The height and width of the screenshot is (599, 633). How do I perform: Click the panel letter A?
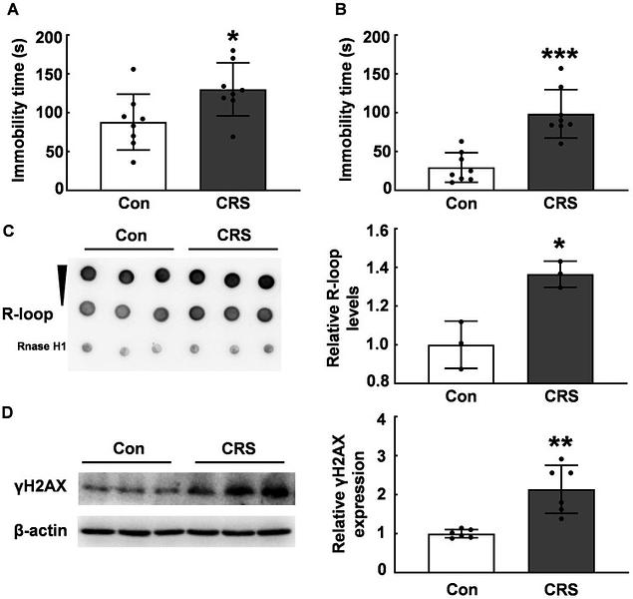(10, 13)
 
